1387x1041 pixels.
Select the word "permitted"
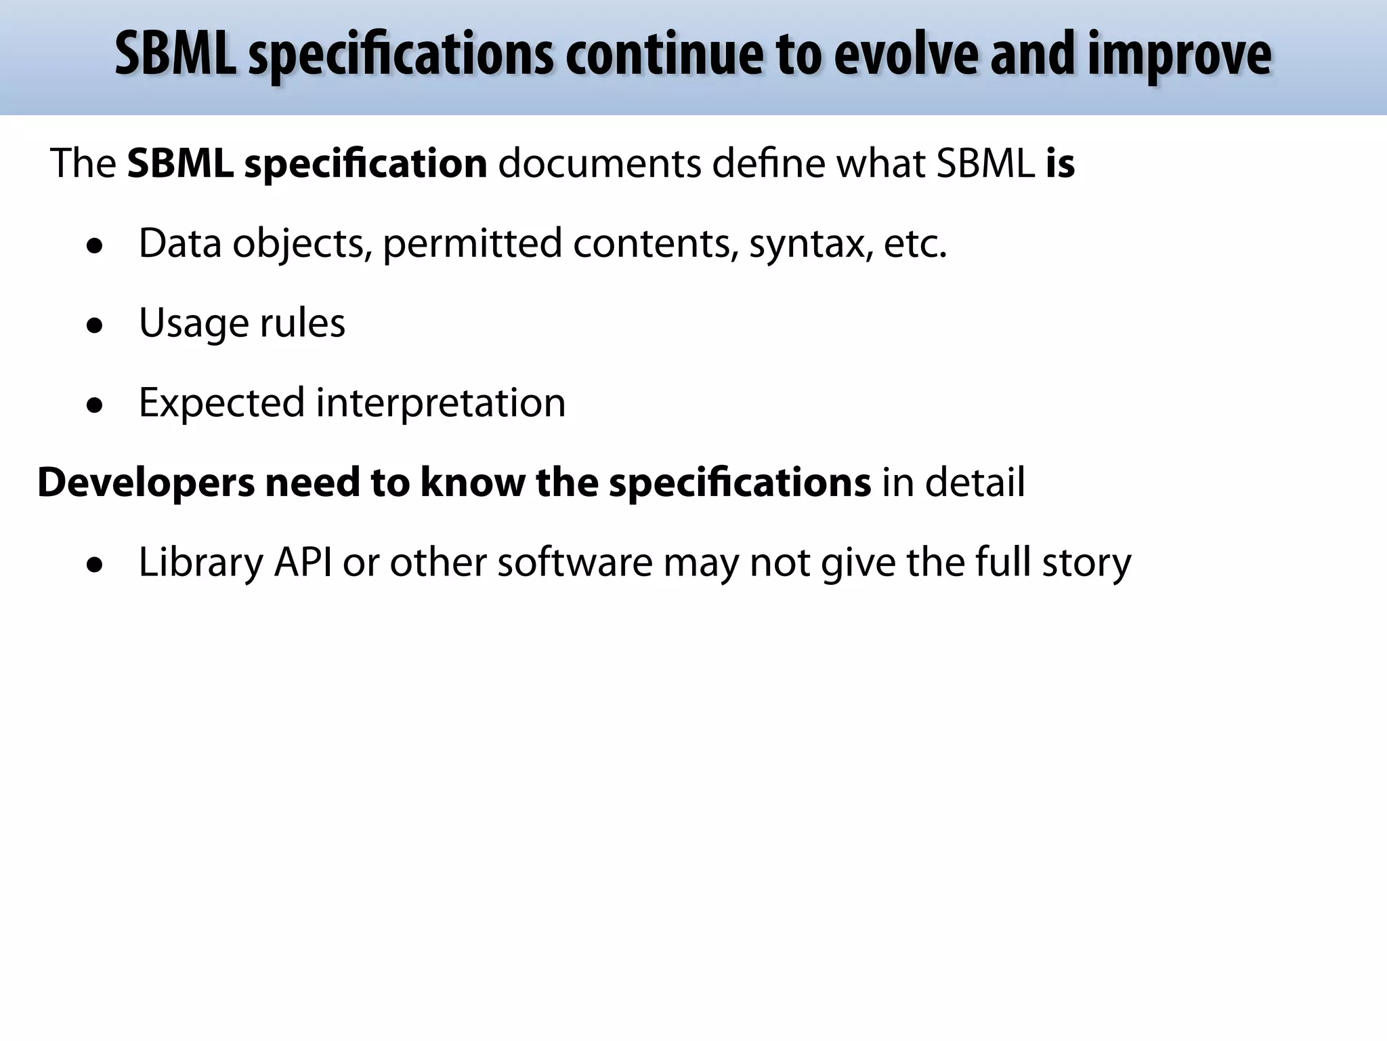[472, 244]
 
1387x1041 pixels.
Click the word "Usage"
[194, 324]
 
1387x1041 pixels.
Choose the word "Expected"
[221, 403]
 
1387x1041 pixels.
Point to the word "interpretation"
[440, 403]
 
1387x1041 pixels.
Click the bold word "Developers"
[146, 483]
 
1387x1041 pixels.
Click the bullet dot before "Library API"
[95, 565]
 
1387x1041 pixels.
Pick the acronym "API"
[303, 563]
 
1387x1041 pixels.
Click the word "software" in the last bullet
[575, 563]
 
